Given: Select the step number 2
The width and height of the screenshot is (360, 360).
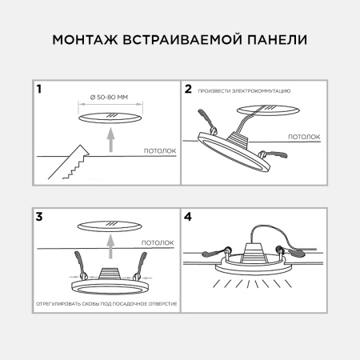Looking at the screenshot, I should click(189, 90).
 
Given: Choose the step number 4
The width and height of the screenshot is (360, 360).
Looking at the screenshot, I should click(189, 216).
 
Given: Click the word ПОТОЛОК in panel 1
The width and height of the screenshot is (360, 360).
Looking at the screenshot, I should click(159, 150).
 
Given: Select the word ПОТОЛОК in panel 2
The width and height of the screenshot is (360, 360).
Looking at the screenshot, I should click(304, 137).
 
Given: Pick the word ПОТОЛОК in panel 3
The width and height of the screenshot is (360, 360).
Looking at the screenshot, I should click(157, 241).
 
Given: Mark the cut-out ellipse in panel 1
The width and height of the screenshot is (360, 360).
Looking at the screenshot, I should click(111, 118).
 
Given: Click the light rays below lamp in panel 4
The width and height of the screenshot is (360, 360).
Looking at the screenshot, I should click(253, 286).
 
